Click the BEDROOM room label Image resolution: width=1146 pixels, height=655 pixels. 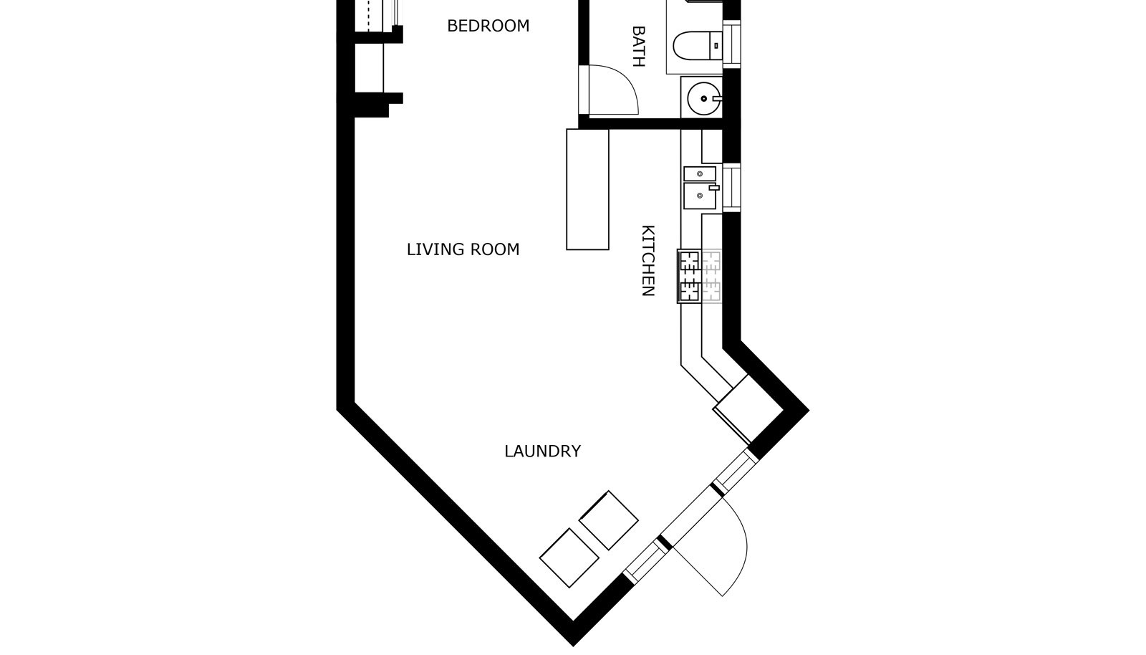click(488, 26)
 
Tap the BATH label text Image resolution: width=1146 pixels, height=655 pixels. click(638, 47)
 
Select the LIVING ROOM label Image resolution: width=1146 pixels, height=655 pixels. click(463, 249)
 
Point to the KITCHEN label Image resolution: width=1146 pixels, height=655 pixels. click(648, 260)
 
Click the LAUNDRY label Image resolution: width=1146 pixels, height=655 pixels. click(543, 451)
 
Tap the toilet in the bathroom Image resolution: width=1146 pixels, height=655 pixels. click(698, 46)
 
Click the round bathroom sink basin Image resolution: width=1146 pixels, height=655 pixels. click(704, 98)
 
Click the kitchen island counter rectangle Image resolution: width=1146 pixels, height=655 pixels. click(587, 189)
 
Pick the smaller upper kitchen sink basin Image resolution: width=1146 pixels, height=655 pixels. click(699, 173)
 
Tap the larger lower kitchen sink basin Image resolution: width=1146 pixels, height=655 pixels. click(699, 196)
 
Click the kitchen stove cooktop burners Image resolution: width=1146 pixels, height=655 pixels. click(689, 277)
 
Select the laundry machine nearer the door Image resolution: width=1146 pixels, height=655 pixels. click(609, 520)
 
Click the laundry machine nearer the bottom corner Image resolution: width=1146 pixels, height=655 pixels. click(569, 558)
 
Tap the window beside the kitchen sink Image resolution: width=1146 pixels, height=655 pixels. click(732, 188)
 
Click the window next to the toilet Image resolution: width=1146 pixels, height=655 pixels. click(732, 44)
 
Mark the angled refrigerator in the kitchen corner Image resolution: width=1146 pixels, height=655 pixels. click(748, 409)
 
